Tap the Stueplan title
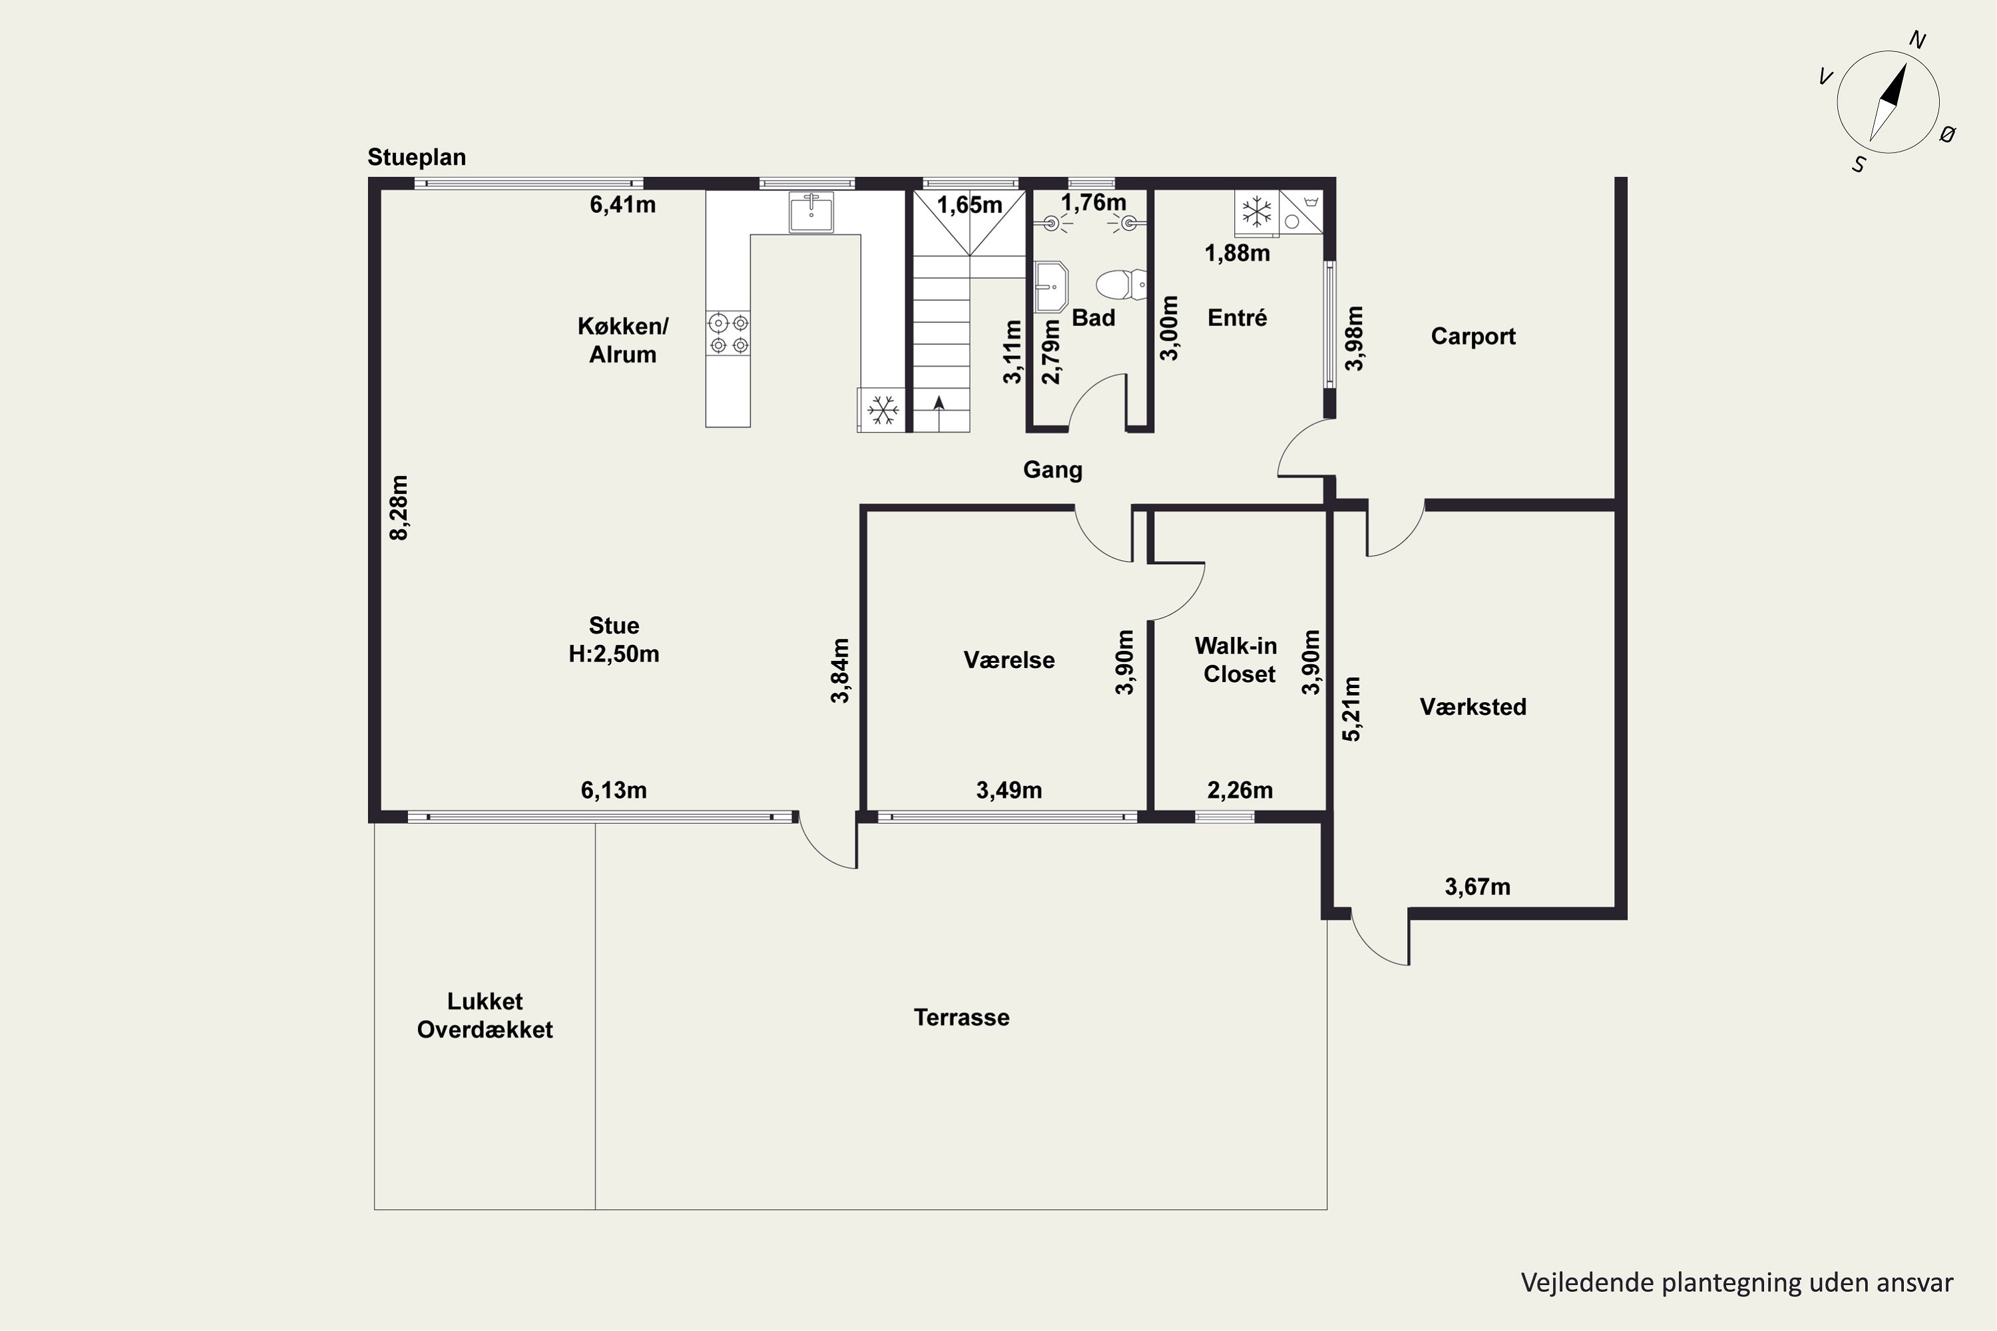416,157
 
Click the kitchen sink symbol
811,212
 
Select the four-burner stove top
728,333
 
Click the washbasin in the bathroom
1051,287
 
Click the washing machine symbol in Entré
1301,212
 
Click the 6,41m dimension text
622,204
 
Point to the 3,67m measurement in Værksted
1477,887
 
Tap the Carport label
1473,336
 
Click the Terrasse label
961,1018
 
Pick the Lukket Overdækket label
485,1016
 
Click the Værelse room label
1008,660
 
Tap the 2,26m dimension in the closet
1239,791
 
